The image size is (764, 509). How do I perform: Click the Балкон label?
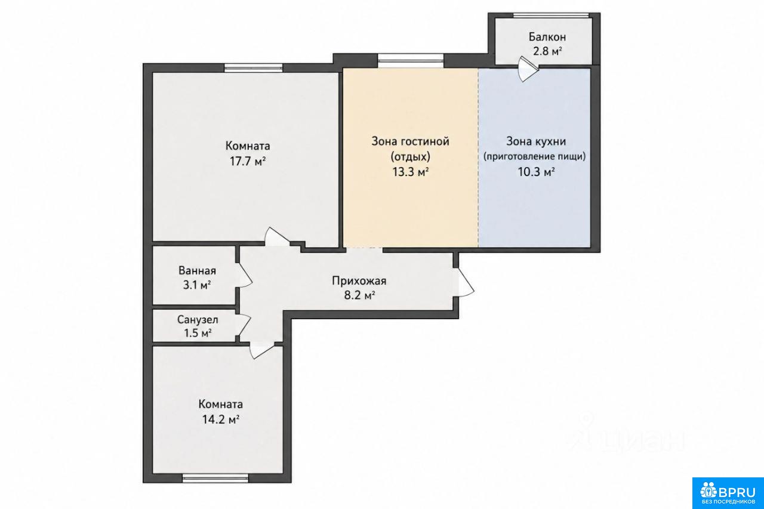547,37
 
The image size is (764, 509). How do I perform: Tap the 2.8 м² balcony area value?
547,51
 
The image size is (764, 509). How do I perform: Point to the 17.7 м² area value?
248,161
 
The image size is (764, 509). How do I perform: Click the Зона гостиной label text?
410,141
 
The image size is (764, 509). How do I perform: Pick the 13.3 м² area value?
410,172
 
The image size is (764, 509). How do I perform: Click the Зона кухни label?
536,141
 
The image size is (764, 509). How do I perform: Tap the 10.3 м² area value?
536,172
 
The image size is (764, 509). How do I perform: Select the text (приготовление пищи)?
535,156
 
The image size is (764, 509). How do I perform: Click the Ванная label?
197,271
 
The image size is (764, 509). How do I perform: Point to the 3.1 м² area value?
197,285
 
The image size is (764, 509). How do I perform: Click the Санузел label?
198,320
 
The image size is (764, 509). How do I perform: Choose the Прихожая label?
359,281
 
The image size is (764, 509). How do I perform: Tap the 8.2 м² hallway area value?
359,295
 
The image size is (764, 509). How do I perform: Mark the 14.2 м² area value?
221,419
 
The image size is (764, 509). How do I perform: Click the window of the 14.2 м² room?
215,479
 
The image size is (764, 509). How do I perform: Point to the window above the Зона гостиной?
411,61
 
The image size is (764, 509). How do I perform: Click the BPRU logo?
728,493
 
